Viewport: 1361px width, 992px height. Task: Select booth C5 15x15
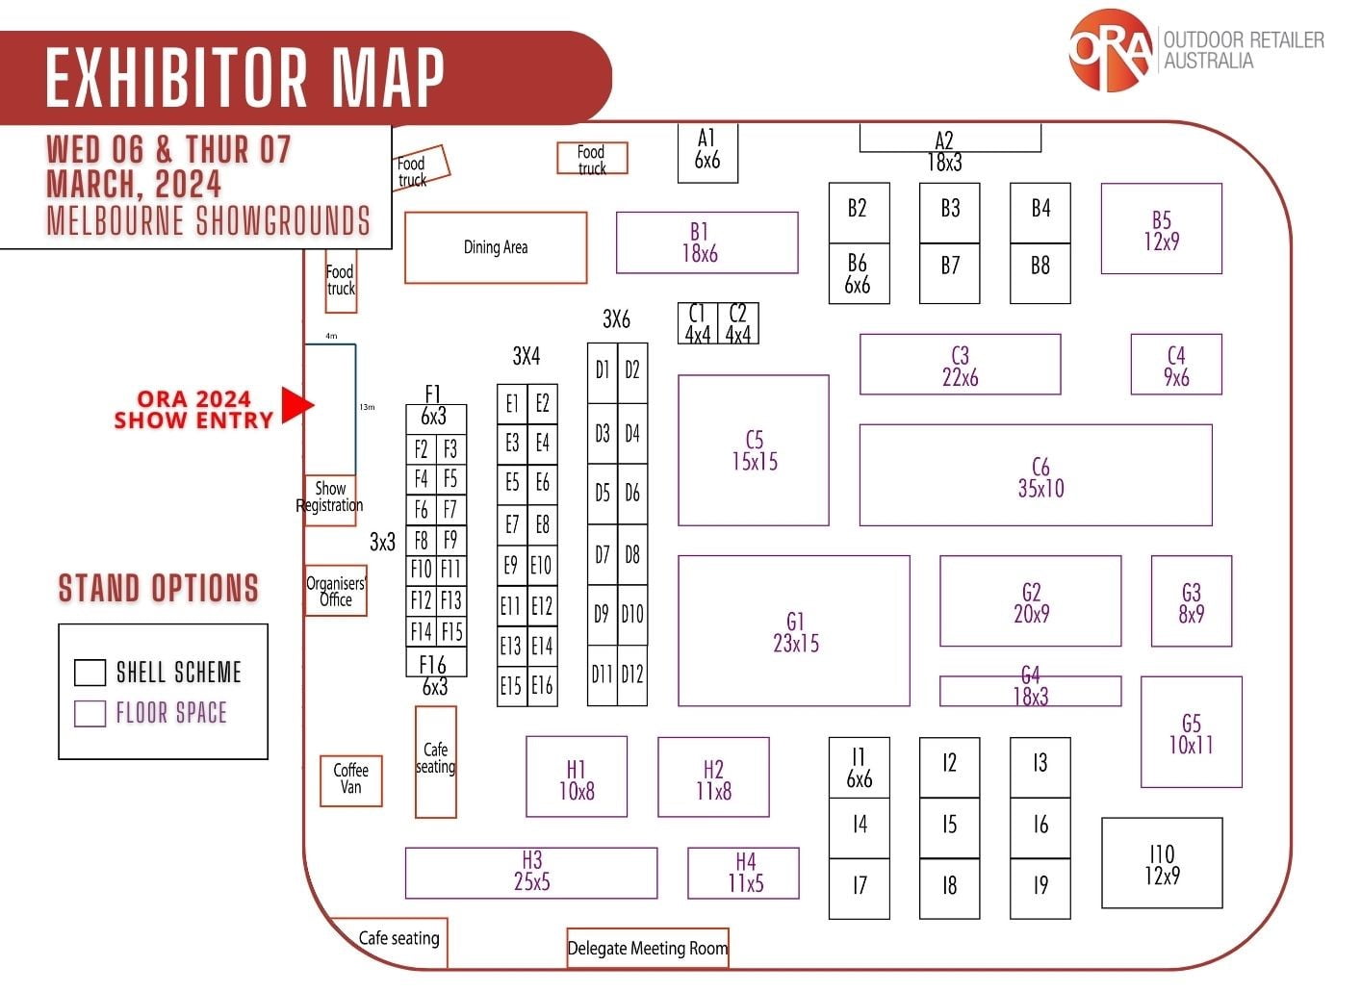point(753,450)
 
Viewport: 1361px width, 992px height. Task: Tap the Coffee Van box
point(350,779)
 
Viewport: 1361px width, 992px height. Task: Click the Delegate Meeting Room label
point(647,948)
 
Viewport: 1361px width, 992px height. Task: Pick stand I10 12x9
point(1162,863)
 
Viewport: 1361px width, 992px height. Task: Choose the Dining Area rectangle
point(495,247)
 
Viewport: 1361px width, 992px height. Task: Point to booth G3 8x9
point(1191,601)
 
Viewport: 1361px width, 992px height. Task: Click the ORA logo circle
point(1110,50)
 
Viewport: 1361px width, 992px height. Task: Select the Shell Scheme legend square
point(90,673)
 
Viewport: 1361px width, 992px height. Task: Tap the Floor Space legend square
point(90,713)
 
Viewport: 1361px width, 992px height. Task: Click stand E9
point(511,566)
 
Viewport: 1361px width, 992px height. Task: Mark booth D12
point(631,674)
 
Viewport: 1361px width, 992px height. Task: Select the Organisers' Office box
point(335,591)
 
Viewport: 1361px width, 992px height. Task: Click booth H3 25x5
point(531,872)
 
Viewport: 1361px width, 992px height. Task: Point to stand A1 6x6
point(706,151)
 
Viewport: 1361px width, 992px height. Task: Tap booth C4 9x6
point(1175,365)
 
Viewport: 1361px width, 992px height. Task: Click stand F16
point(435,664)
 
